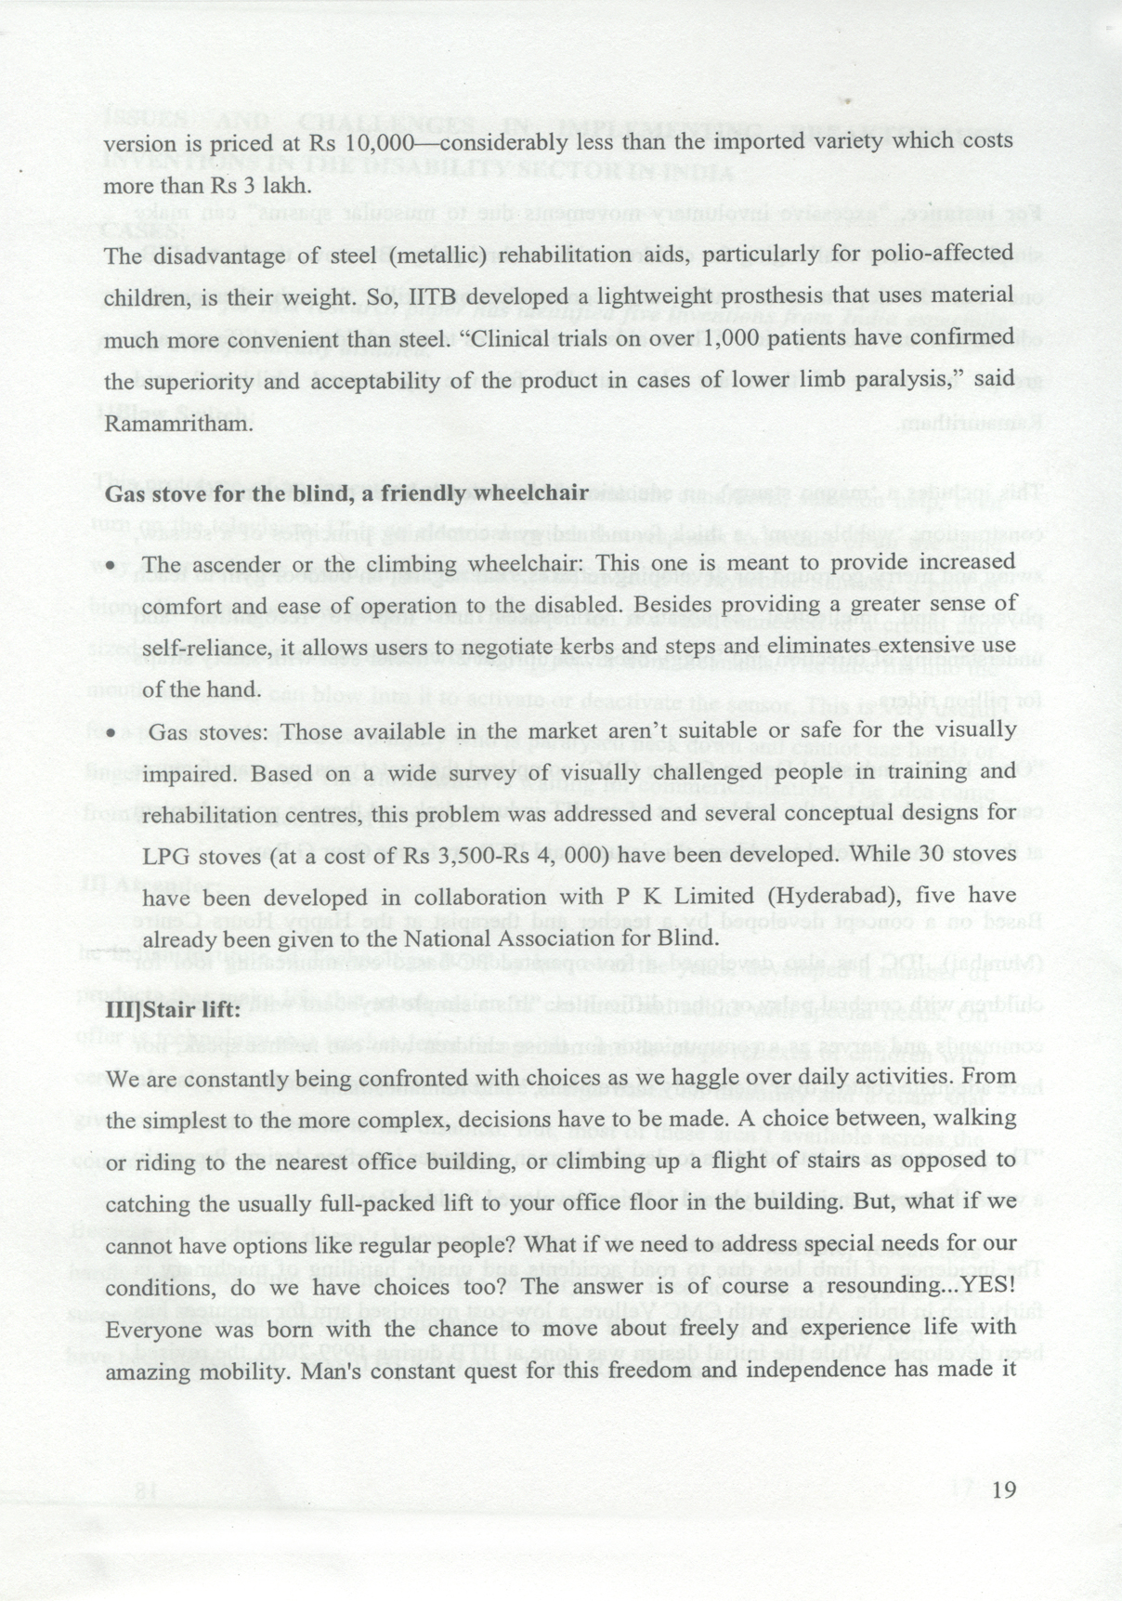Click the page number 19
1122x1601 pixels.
pos(1005,1490)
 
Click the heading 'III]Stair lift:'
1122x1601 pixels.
pos(173,1010)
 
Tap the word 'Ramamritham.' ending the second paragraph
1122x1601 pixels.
pos(177,424)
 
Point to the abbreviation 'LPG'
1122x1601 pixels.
pos(163,856)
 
